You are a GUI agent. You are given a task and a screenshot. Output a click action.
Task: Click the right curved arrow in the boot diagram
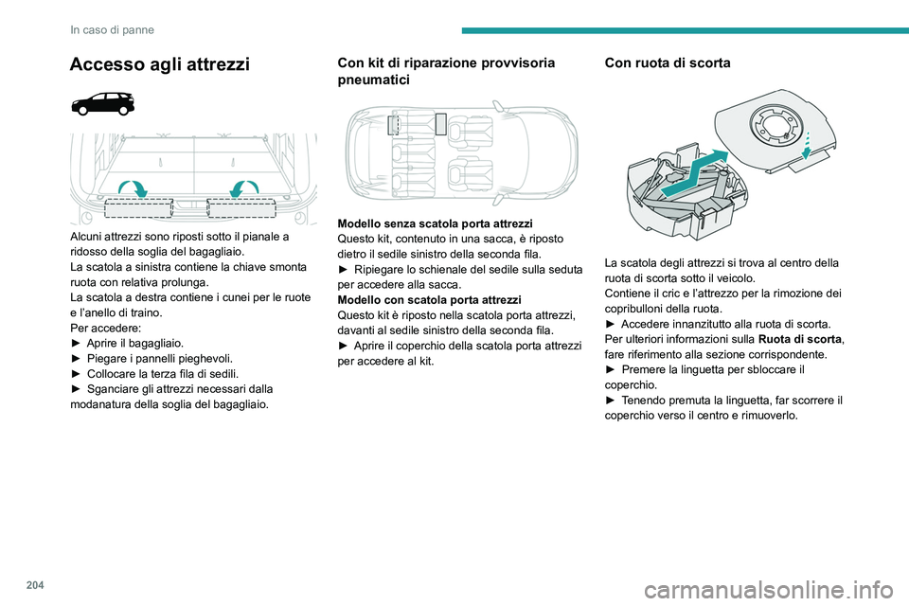point(246,186)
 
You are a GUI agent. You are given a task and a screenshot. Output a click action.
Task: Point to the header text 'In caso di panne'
point(112,29)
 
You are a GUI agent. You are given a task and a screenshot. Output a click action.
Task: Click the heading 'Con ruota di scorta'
point(667,63)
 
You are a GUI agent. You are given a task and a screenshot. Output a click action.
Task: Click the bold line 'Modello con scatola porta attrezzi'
point(425,299)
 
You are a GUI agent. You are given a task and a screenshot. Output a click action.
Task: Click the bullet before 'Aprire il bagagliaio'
point(77,343)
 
